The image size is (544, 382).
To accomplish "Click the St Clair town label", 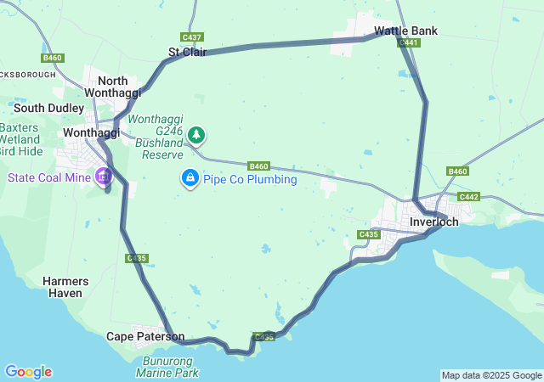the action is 186,53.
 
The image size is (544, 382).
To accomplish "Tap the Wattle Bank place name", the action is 405,31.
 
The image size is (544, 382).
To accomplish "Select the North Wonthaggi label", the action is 107,87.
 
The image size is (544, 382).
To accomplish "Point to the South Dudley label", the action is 48,108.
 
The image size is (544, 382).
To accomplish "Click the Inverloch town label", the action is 433,222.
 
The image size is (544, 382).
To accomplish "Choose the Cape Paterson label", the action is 144,336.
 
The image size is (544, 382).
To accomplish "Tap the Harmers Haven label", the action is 64,287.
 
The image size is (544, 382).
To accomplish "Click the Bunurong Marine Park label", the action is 167,367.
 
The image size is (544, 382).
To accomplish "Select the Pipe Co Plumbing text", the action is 250,179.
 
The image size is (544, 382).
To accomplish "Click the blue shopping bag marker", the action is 190,178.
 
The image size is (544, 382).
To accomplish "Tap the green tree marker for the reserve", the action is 196,134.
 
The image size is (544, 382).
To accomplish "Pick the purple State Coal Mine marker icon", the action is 104,177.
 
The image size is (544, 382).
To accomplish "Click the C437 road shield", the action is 192,37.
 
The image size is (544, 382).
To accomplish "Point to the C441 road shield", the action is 409,42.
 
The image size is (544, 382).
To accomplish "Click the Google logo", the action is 28,372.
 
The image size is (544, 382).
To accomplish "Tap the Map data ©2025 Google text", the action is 491,375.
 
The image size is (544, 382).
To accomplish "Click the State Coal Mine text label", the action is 49,177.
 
